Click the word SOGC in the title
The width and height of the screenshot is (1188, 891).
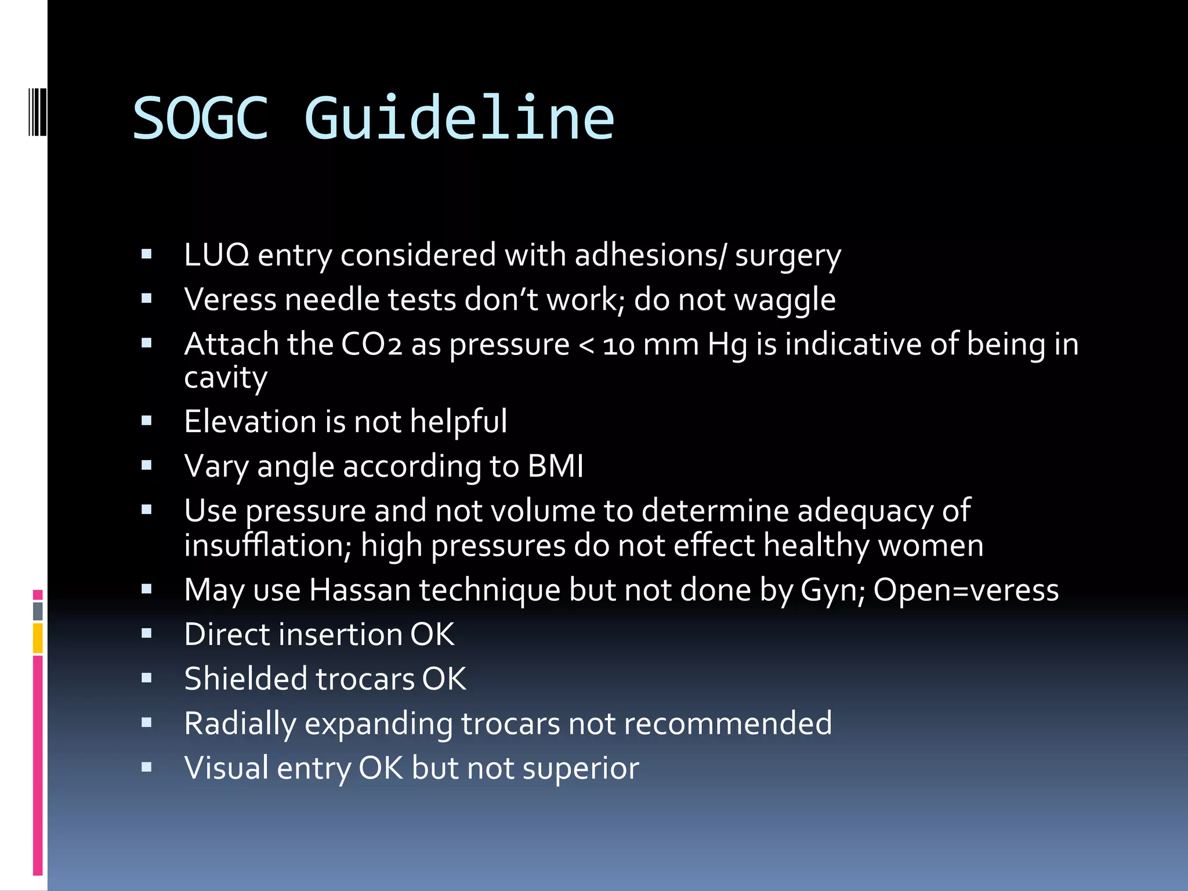point(201,118)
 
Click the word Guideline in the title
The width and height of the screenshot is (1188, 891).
point(459,118)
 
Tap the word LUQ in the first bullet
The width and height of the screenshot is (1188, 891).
point(216,255)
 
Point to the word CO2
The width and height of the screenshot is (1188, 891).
point(372,344)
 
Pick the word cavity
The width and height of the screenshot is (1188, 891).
point(226,378)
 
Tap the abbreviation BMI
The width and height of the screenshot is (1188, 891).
point(555,466)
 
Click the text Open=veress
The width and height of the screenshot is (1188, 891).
point(966,590)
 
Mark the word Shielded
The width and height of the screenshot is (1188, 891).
point(246,679)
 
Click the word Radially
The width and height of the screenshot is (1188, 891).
point(240,725)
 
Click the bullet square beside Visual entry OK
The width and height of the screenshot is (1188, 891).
point(147,767)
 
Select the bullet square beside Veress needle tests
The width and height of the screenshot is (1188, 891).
point(147,299)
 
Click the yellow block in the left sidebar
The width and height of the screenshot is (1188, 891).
point(38,638)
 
